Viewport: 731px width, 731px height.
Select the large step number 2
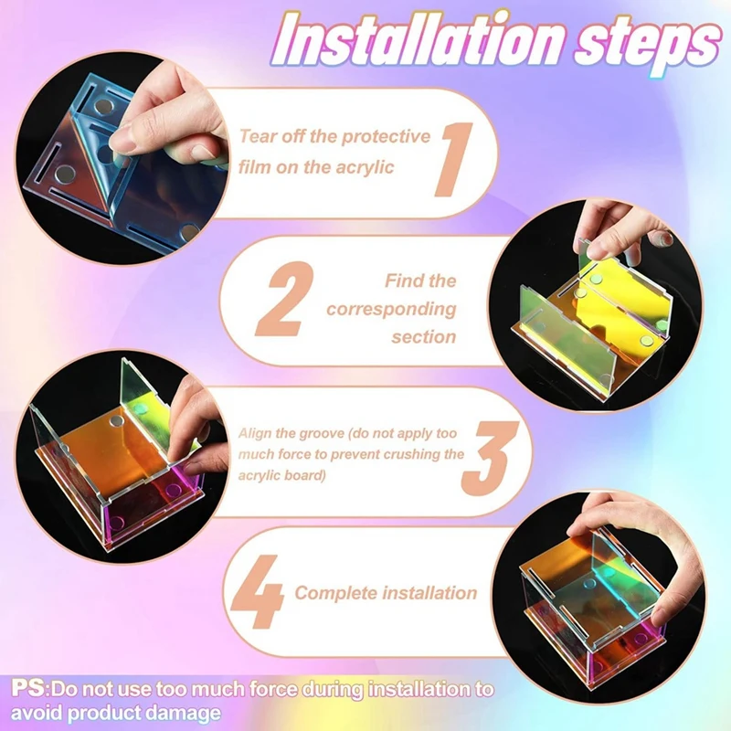[284, 300]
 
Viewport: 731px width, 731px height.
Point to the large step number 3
[491, 459]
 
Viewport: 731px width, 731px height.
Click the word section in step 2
[423, 336]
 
